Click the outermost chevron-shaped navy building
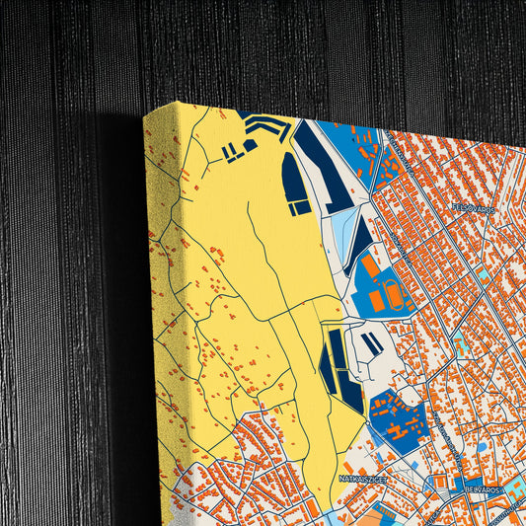coord(268,125)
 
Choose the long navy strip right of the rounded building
coord(326,168)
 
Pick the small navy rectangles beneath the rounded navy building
coord(299,208)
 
